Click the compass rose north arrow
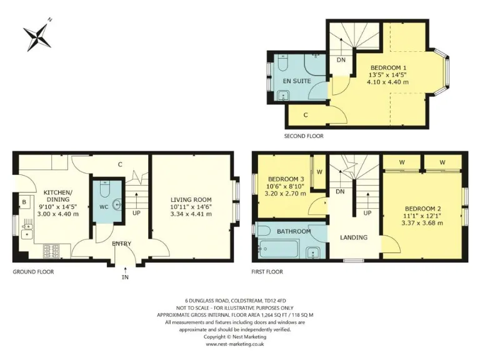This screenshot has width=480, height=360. coord(39,36)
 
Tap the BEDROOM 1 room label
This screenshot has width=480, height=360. coord(388,67)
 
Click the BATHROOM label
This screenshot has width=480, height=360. coord(294,231)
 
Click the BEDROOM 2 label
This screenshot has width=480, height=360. coord(422,209)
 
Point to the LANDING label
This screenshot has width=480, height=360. coord(353,237)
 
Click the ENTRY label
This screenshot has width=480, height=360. coord(121,244)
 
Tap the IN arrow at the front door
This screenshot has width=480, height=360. coord(125,270)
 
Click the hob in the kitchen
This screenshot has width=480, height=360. coord(51,251)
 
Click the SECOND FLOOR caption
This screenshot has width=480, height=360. coord(304,136)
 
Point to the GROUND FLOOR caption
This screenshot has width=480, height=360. coord(33,272)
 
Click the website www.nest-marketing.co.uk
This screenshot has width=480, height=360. coord(235,344)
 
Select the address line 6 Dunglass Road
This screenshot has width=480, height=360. coord(235,299)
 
